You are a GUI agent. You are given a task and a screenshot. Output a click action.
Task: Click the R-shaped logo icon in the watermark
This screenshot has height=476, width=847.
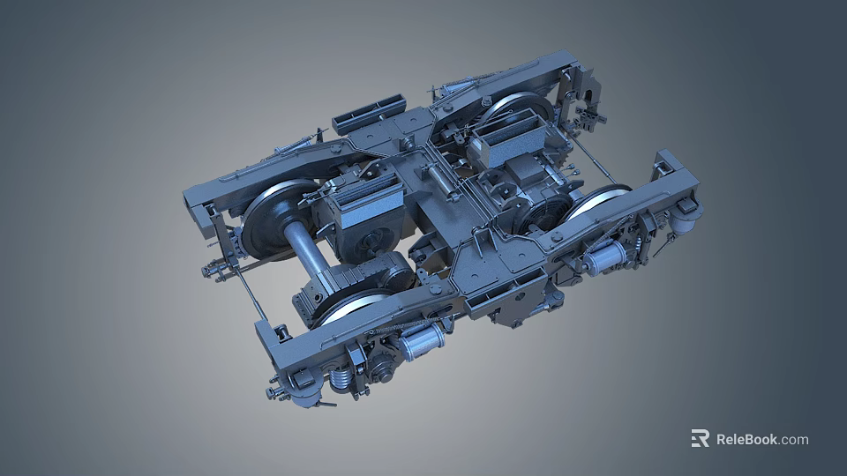click(700, 438)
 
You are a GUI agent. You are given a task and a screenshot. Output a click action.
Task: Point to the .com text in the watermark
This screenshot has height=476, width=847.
click(794, 439)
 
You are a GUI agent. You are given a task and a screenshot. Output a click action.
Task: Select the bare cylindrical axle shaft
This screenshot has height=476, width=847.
click(306, 249)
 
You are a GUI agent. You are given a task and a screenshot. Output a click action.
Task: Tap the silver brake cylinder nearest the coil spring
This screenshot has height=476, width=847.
click(422, 340)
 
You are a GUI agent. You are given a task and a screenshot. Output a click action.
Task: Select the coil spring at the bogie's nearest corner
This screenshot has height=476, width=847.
click(340, 379)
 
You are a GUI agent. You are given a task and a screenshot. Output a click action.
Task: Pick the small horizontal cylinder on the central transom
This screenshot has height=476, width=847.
click(441, 182)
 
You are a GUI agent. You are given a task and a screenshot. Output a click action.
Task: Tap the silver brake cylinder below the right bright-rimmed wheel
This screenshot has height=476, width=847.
click(604, 257)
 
